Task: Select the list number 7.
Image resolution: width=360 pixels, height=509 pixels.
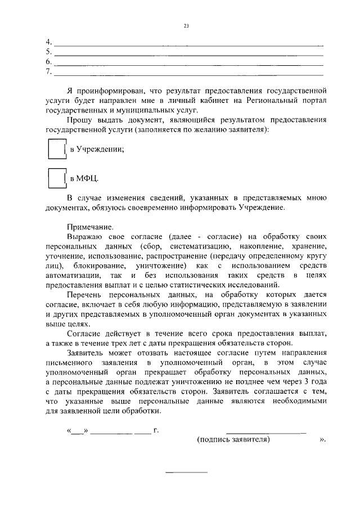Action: [48, 72]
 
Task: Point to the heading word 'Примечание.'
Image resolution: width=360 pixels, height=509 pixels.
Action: [90, 227]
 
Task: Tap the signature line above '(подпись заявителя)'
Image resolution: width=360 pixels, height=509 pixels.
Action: [265, 433]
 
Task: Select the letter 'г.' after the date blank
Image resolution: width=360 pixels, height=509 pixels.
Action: [156, 431]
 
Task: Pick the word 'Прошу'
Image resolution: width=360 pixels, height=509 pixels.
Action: [80, 120]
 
